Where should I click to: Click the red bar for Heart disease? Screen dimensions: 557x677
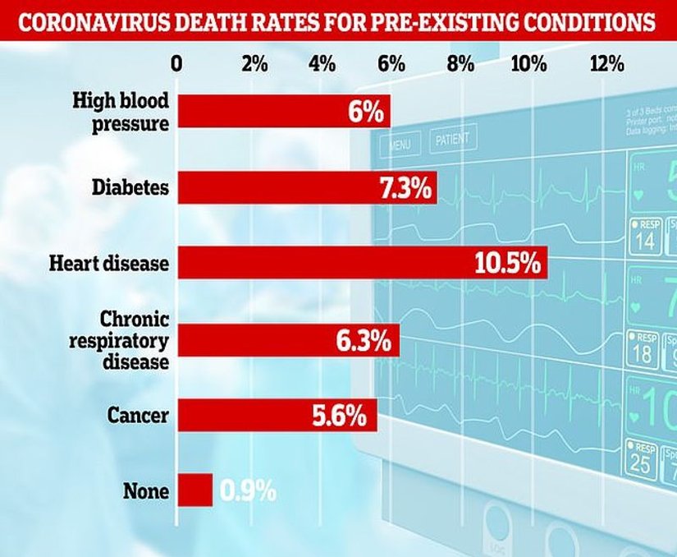pyautogui.click(x=361, y=263)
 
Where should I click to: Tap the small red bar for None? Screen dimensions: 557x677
pyautogui.click(x=194, y=490)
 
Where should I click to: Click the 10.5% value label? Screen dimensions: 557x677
pyautogui.click(x=507, y=264)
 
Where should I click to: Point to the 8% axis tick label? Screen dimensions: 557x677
pyautogui.click(x=461, y=63)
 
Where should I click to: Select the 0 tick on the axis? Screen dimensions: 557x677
pyautogui.click(x=176, y=63)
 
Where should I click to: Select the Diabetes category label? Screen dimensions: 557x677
pyautogui.click(x=131, y=188)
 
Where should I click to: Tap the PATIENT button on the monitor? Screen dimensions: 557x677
pyautogui.click(x=452, y=140)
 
